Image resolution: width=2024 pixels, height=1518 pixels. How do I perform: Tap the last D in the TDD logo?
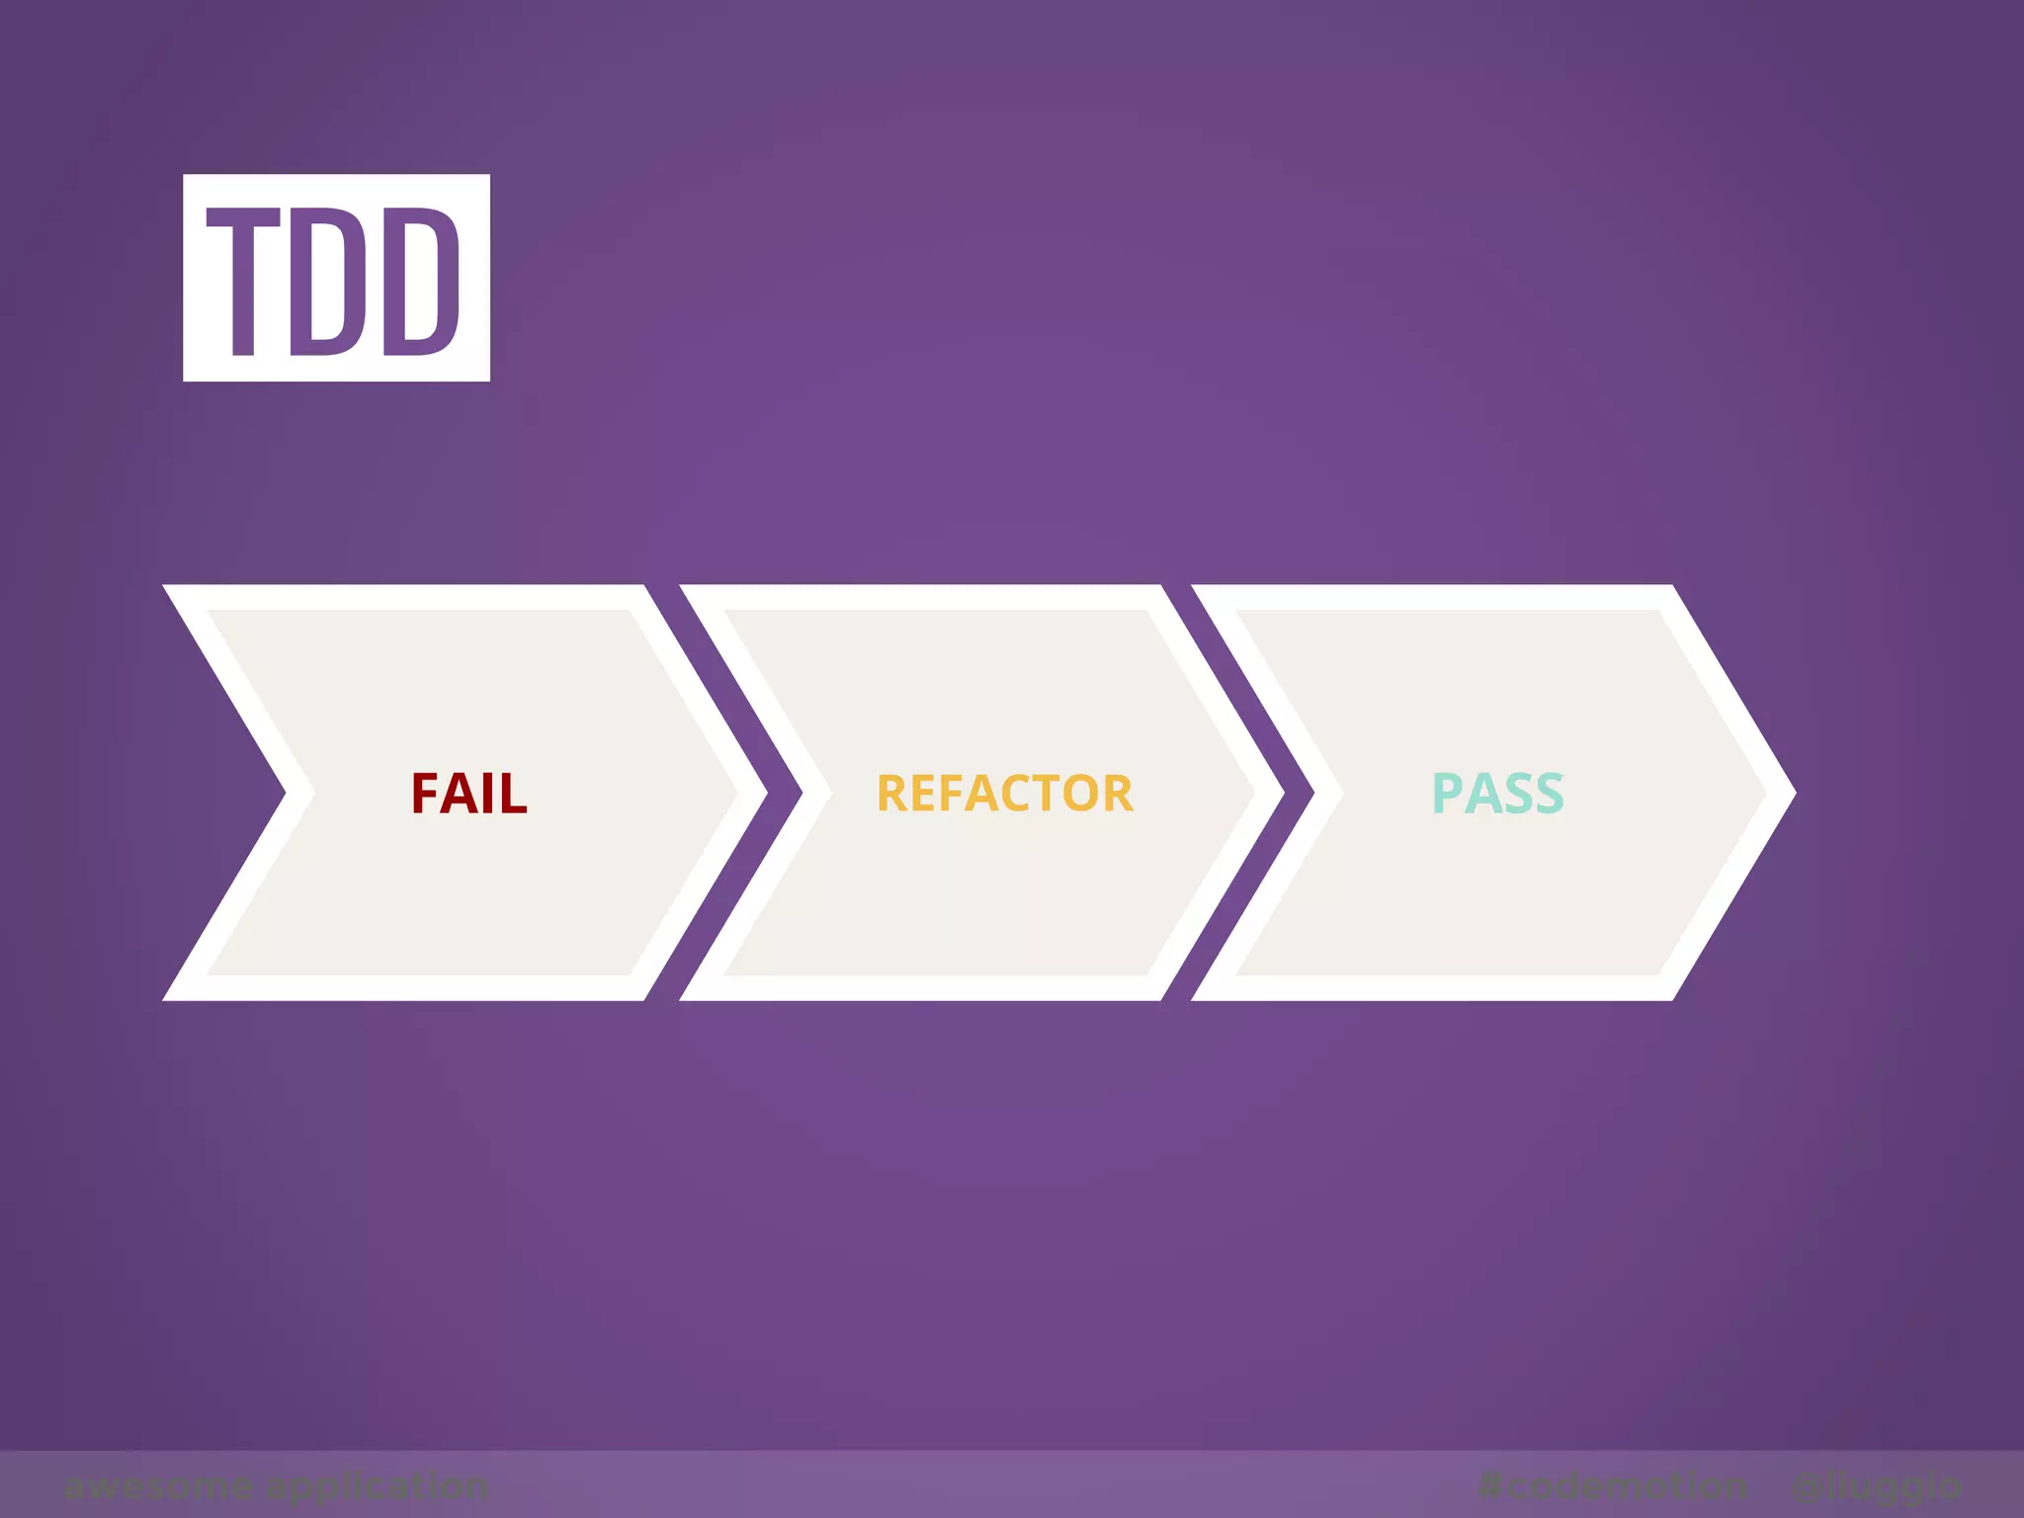pos(420,281)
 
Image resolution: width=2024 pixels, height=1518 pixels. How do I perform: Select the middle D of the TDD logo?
pos(329,281)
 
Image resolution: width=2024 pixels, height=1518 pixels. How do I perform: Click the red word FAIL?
pos(469,794)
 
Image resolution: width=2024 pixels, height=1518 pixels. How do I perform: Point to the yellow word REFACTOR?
pos(1004,794)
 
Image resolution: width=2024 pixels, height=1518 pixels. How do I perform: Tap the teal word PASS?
pos(1497,794)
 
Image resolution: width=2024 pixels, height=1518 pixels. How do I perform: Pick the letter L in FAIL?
pos(514,794)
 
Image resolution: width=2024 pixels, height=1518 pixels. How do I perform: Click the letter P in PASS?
pos(1447,794)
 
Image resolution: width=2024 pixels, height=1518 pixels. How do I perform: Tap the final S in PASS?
pos(1549,794)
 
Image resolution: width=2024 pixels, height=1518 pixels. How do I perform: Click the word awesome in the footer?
pos(158,1485)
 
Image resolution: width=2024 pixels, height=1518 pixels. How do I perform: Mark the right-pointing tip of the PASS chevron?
pos(1791,793)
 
